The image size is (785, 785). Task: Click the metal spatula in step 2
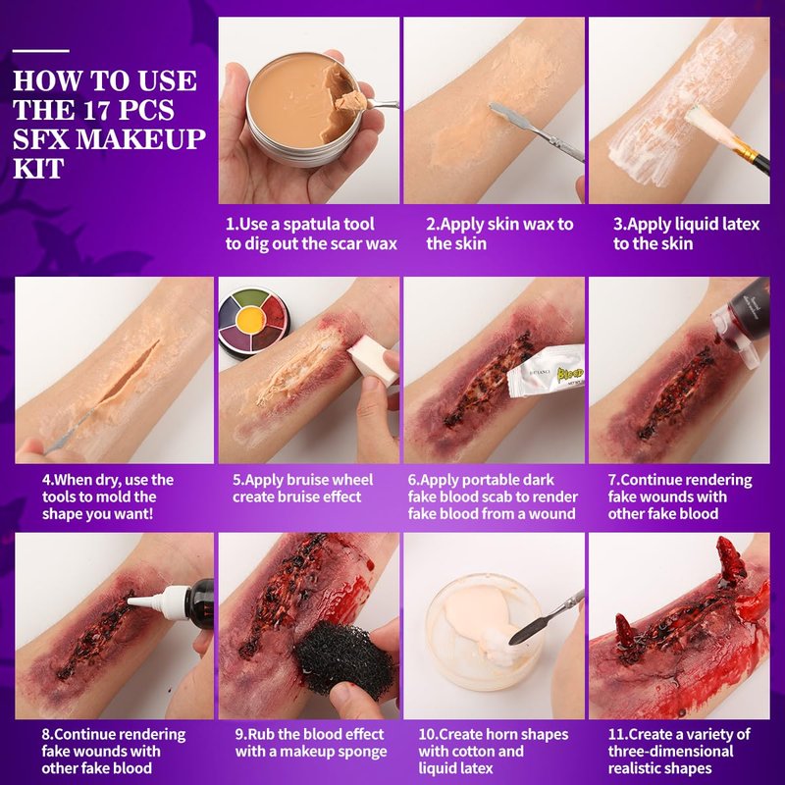[537, 131]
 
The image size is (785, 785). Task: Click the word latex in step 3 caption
[738, 225]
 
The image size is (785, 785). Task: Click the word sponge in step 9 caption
[361, 752]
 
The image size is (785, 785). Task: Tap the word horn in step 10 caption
[505, 735]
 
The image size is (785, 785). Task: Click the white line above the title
[41, 51]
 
